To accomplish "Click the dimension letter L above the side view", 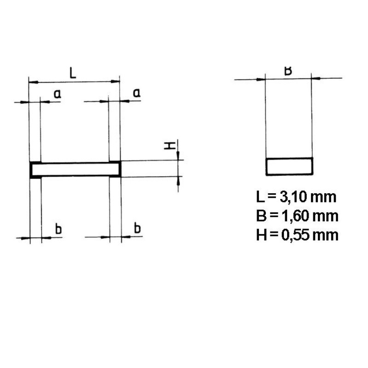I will [72, 73].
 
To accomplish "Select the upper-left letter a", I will [57, 94].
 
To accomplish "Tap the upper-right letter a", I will [137, 93].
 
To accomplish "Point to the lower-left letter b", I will [58, 229].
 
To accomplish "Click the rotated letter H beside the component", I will [170, 146].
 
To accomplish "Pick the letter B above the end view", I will [288, 71].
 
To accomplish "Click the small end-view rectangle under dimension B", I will [289, 166].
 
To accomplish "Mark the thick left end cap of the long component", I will [32, 169].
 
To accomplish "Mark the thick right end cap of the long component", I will [119, 169].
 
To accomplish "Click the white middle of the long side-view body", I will [75, 169].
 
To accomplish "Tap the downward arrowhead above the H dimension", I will [178, 156].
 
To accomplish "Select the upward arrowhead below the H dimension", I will [178, 180].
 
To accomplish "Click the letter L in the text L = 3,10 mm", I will [260, 197].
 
